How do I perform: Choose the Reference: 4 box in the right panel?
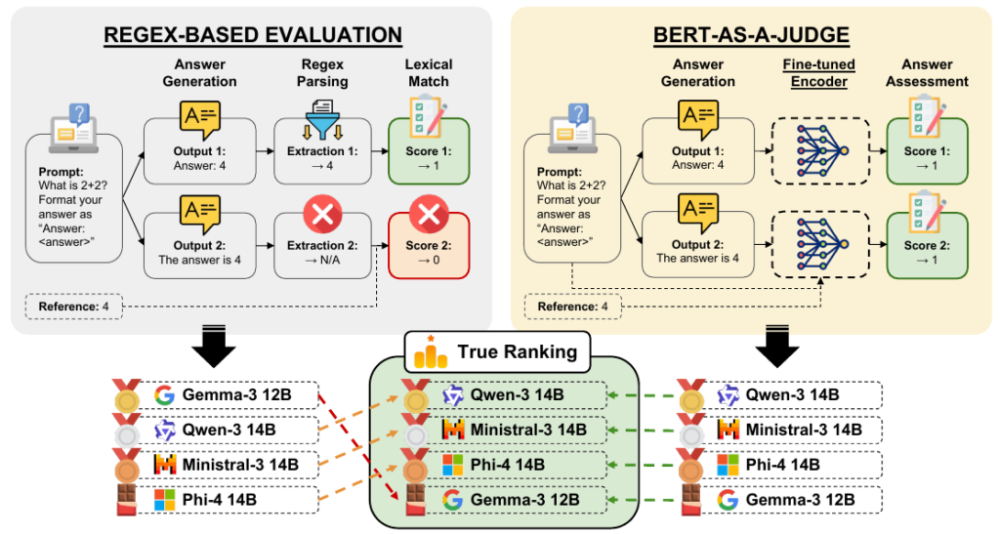point(572,307)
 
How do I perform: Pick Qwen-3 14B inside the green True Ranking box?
point(517,395)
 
